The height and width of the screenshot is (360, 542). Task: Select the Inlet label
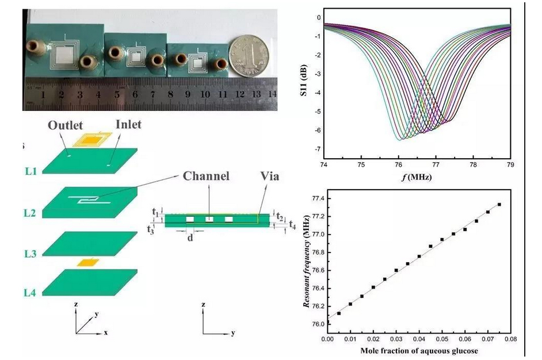click(x=129, y=124)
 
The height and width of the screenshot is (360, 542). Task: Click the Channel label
click(x=205, y=176)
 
